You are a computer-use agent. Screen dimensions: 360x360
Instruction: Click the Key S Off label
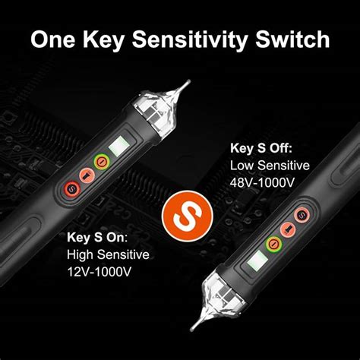pyautogui.click(x=262, y=148)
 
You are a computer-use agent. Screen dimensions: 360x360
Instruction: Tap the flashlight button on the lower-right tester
pyautogui.click(x=289, y=230)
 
